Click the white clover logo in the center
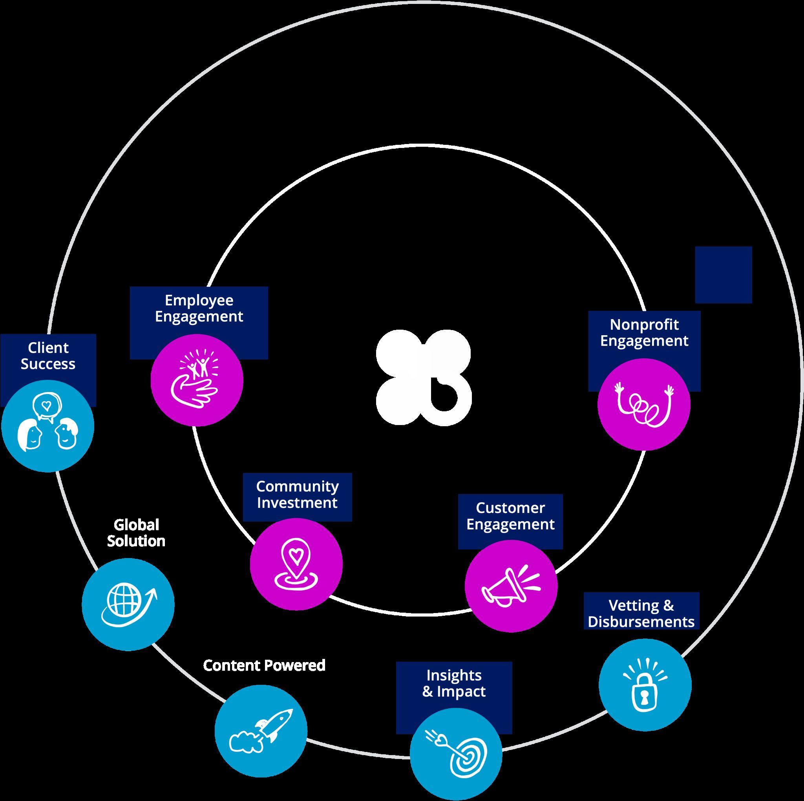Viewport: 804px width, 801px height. click(424, 377)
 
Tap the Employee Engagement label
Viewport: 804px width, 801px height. click(199, 308)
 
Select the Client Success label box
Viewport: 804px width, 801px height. click(48, 356)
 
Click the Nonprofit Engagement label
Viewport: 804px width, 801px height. click(644, 332)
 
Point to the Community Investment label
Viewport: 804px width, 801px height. click(297, 494)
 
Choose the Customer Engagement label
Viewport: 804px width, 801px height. click(510, 516)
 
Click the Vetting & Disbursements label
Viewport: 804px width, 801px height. click(641, 613)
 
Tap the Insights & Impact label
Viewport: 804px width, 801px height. click(453, 683)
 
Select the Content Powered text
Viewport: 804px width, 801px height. click(264, 665)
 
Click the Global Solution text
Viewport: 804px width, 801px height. click(136, 533)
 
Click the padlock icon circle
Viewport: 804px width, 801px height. click(645, 684)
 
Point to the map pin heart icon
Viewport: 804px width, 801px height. click(296, 564)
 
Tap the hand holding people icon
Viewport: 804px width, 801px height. click(197, 380)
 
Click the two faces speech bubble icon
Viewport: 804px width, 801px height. click(48, 426)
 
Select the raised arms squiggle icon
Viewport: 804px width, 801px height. click(644, 403)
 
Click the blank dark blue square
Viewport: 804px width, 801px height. click(723, 275)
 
